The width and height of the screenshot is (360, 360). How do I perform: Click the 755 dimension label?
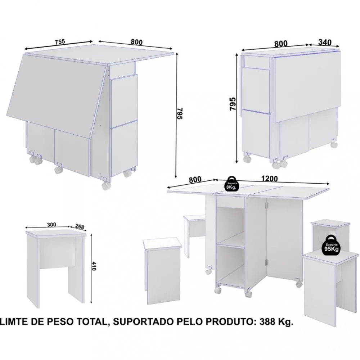coord(60,41)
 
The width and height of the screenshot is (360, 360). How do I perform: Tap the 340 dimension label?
coord(325,42)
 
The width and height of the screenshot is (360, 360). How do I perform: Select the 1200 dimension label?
coord(269,179)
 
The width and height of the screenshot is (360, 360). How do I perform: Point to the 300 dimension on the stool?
coord(51,225)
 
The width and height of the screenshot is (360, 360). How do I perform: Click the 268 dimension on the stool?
coord(80,226)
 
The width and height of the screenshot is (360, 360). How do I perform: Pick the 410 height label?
coord(94,266)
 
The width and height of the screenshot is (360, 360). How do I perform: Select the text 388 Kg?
coord(276,322)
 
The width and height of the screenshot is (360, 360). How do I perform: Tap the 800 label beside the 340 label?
coord(281,44)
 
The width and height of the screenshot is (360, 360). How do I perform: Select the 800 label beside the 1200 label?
coord(195,179)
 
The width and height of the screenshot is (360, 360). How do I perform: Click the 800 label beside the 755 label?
coord(136,42)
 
